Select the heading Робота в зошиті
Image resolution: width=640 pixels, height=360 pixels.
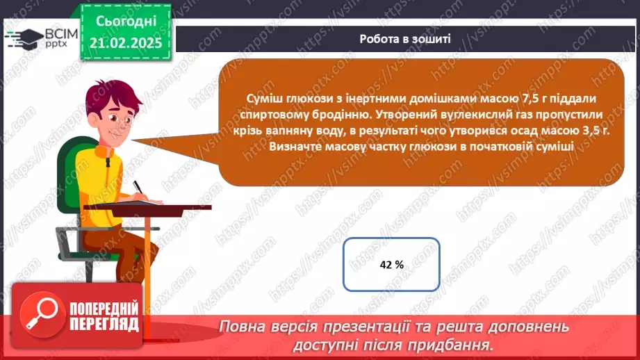click(405, 39)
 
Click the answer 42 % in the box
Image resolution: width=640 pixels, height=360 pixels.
click(392, 264)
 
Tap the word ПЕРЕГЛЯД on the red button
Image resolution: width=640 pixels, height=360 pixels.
click(104, 324)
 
